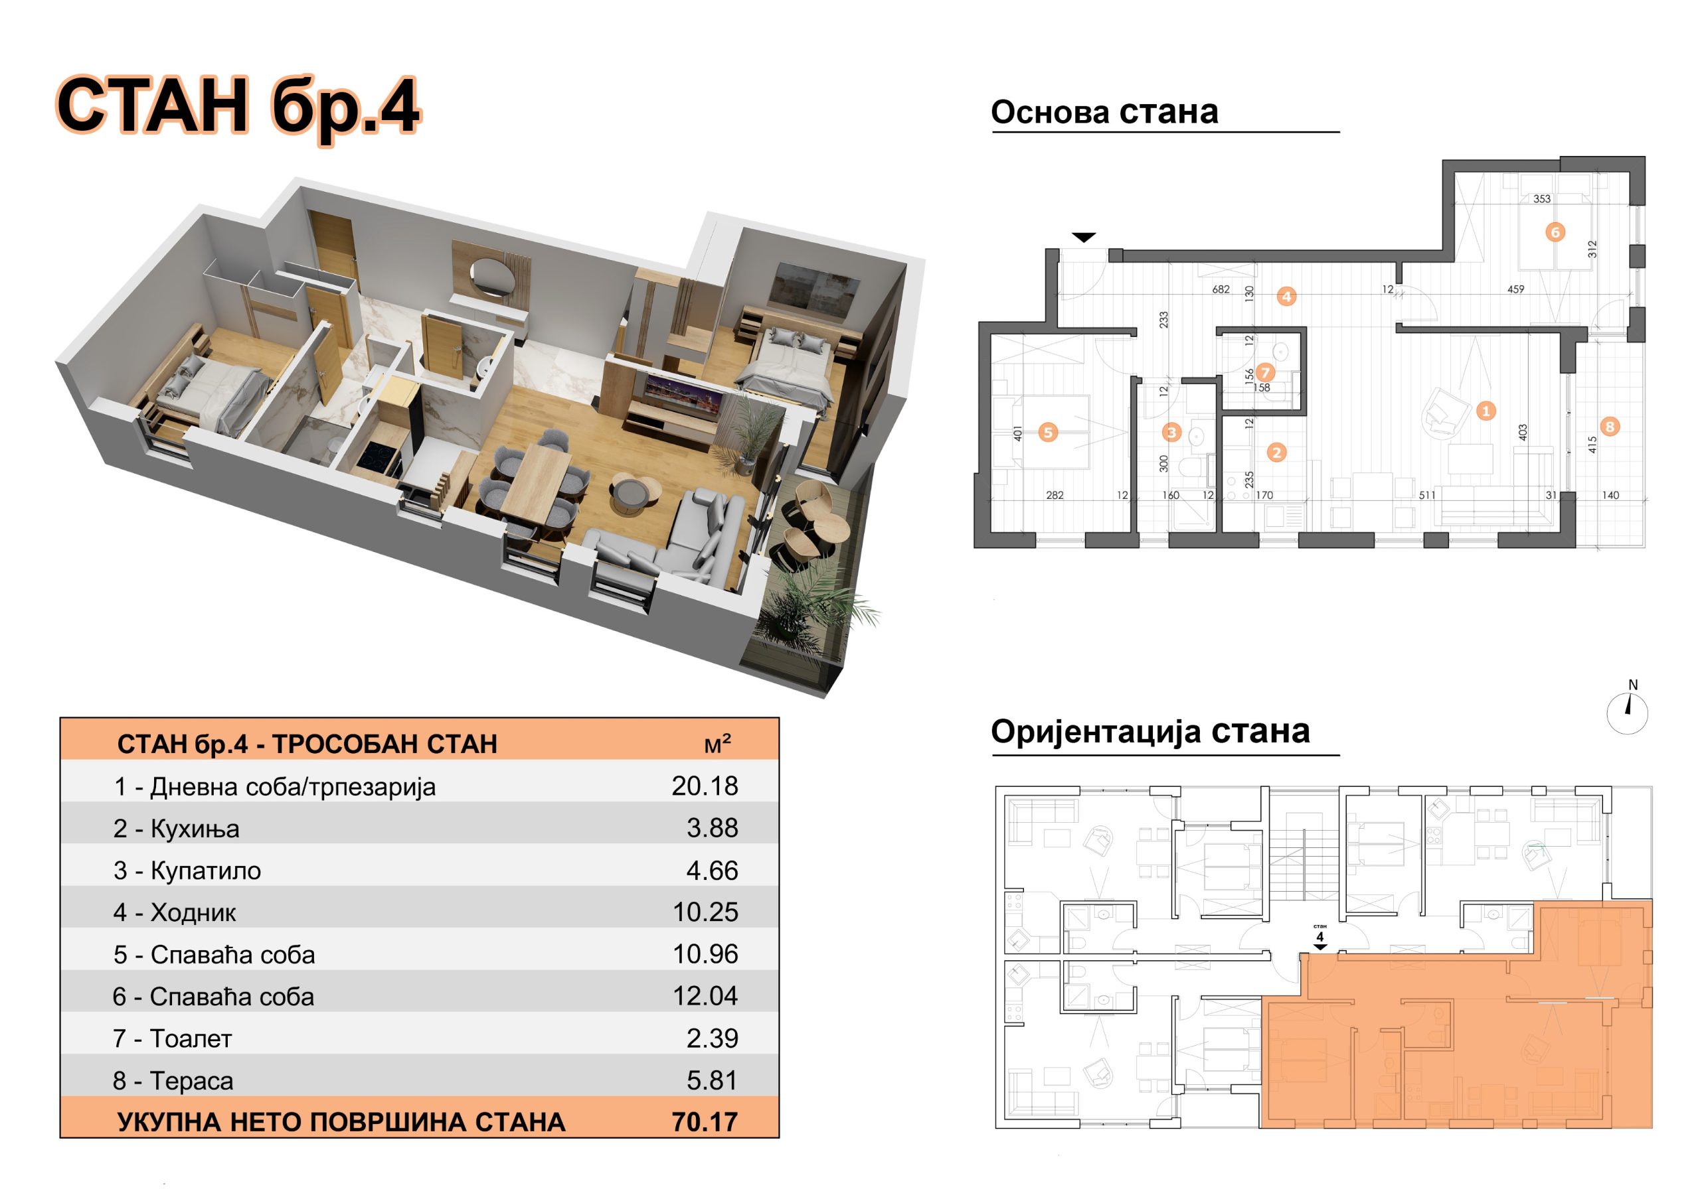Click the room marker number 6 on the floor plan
pos(1555,232)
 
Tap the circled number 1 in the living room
pos(1486,411)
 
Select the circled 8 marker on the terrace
pos(1609,426)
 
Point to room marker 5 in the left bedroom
pos(1048,432)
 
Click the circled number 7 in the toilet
pos(1264,372)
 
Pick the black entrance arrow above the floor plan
pos(1084,238)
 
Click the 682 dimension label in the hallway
pos(1221,289)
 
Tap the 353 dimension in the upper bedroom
pos(1541,199)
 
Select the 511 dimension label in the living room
pos(1427,495)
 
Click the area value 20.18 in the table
pos(705,786)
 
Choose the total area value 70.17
pos(705,1122)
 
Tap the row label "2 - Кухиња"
pos(176,829)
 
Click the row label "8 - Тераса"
pos(173,1081)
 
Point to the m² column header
pos(717,744)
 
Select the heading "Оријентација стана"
pos(1151,732)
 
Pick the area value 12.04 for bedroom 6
pos(705,996)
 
